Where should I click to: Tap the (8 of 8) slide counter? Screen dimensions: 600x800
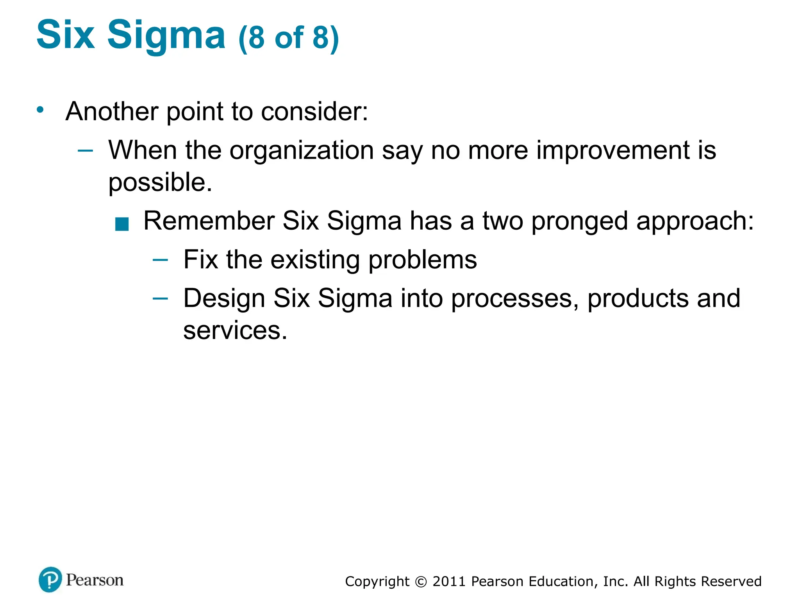point(288,38)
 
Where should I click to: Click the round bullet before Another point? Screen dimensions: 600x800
point(40,109)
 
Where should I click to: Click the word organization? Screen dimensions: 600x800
point(301,151)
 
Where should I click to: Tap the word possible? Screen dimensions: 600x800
point(160,182)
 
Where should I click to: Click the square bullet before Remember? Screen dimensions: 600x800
point(122,225)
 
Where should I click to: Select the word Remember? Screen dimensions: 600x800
point(209,221)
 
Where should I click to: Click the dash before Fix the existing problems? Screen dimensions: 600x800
point(160,260)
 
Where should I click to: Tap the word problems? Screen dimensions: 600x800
point(422,260)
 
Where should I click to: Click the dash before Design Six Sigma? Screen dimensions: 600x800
point(160,299)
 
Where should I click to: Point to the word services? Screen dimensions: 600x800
point(235,331)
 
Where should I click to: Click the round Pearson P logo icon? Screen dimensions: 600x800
point(50,580)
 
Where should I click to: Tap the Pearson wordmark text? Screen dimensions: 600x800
point(95,580)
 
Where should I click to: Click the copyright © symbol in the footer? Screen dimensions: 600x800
point(421,582)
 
